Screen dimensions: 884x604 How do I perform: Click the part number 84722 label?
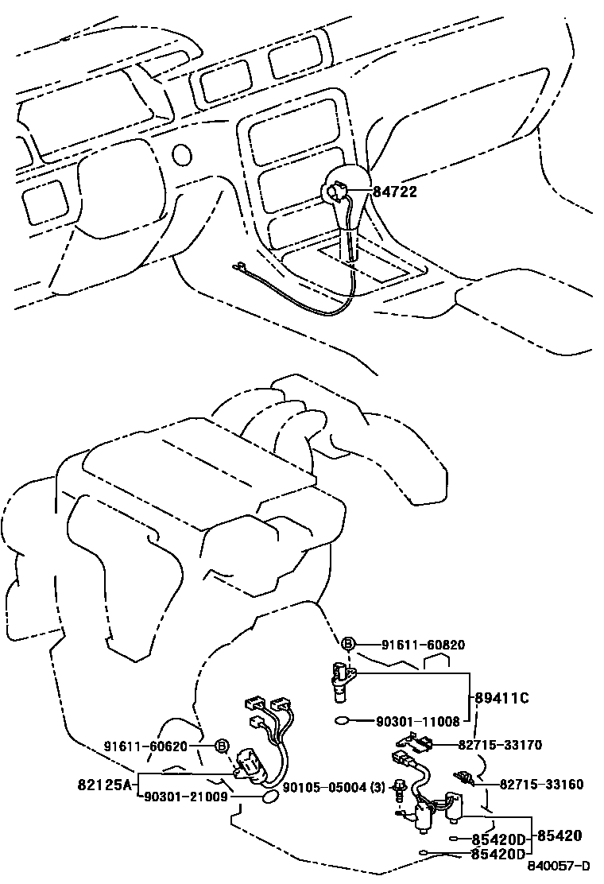coord(395,192)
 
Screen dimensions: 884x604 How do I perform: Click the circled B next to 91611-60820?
coord(348,645)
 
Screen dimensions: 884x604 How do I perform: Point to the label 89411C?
coord(501,698)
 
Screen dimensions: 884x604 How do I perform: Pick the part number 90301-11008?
coord(417,722)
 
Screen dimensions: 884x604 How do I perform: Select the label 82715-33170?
coord(500,745)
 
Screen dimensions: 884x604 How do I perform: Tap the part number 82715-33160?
coord(541,785)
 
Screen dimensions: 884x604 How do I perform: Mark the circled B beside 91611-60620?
coord(222,746)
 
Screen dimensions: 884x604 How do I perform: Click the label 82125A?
coord(104,784)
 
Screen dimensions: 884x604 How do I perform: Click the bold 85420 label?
coord(559,836)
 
